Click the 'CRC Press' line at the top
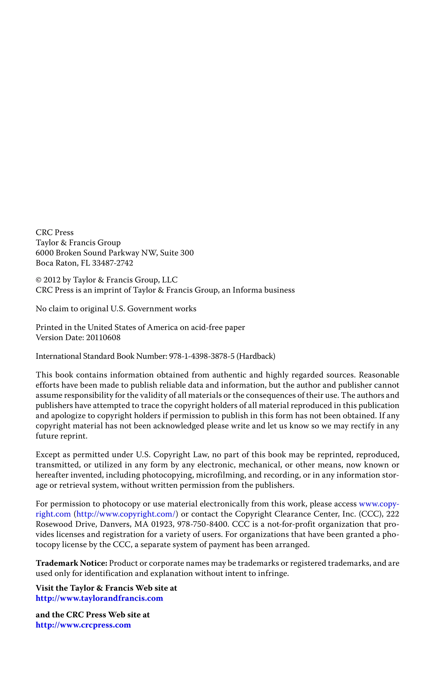(54, 233)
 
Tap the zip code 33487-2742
(112, 263)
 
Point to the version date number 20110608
(103, 338)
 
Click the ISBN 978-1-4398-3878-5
(202, 356)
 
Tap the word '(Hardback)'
(256, 356)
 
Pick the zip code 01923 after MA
(162, 524)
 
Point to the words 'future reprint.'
(62, 436)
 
